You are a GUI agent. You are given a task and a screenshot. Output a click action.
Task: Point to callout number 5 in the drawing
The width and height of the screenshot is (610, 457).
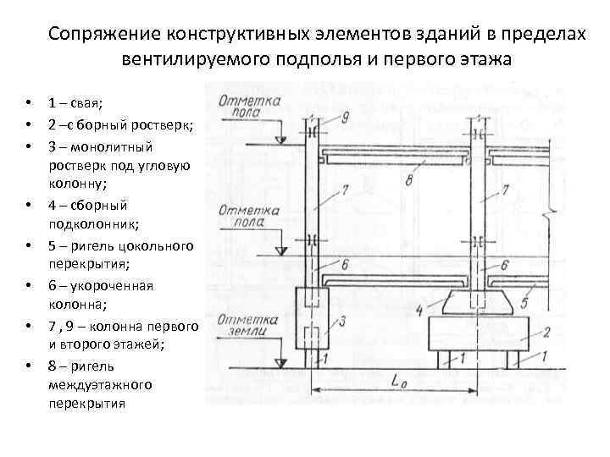coord(526,302)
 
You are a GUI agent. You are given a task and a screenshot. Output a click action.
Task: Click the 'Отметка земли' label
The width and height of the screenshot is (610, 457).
coord(248,327)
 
